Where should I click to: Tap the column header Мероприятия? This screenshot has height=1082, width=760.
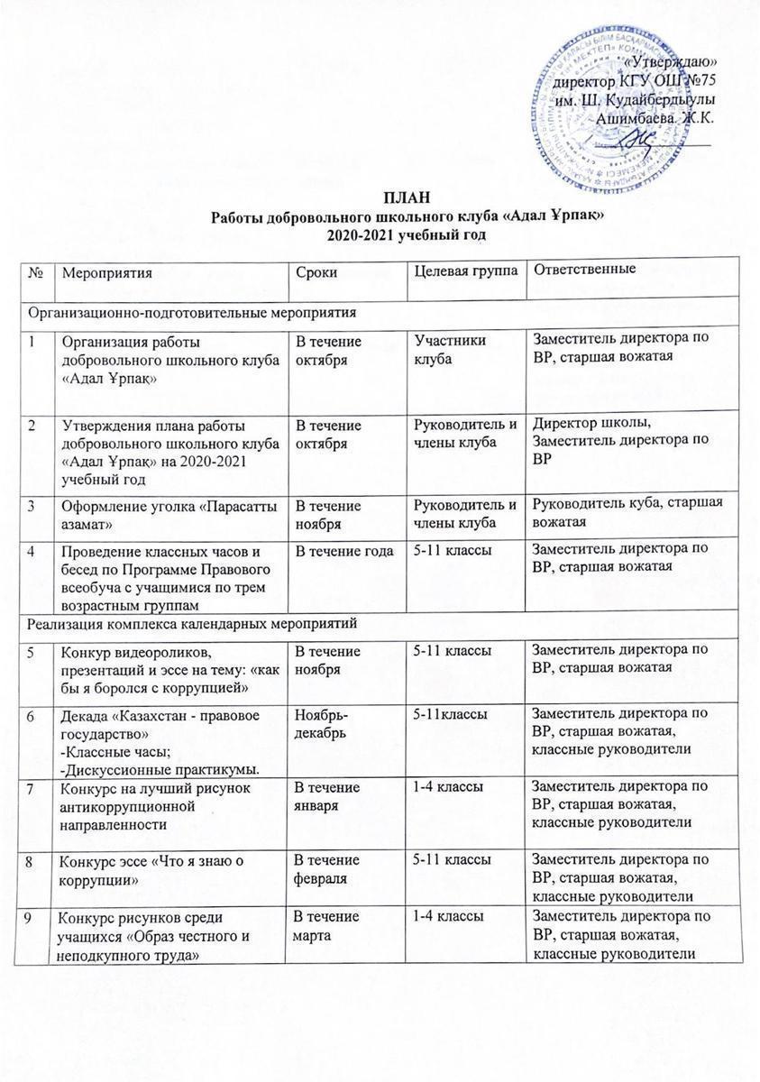(x=101, y=271)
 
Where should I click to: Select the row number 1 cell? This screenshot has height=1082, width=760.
(x=33, y=341)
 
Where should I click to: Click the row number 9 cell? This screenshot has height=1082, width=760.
(x=33, y=916)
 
